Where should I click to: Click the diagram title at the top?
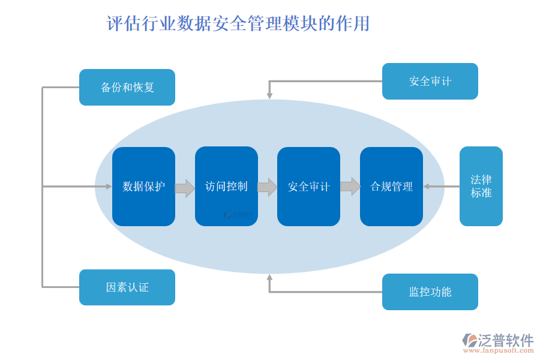click(238, 24)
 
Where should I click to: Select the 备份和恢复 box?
click(127, 88)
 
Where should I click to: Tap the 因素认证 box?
click(127, 287)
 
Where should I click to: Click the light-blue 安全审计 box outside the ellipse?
click(430, 82)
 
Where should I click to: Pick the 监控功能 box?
click(430, 292)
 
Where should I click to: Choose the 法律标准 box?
click(481, 187)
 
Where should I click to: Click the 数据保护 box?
click(143, 187)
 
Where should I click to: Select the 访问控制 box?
click(226, 187)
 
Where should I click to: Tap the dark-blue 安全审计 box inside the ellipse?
click(308, 187)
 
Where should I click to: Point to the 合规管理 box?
click(391, 187)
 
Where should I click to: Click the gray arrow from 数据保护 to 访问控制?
click(185, 188)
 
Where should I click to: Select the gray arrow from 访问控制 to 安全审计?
click(268, 187)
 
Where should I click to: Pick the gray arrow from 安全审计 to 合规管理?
click(350, 187)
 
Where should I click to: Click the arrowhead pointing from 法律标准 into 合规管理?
click(427, 187)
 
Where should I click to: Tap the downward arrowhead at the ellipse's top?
click(269, 95)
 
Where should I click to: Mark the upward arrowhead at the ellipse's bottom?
click(269, 278)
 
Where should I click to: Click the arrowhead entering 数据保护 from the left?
click(109, 187)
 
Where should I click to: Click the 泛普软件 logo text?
click(506, 340)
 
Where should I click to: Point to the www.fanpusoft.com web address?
click(499, 352)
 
